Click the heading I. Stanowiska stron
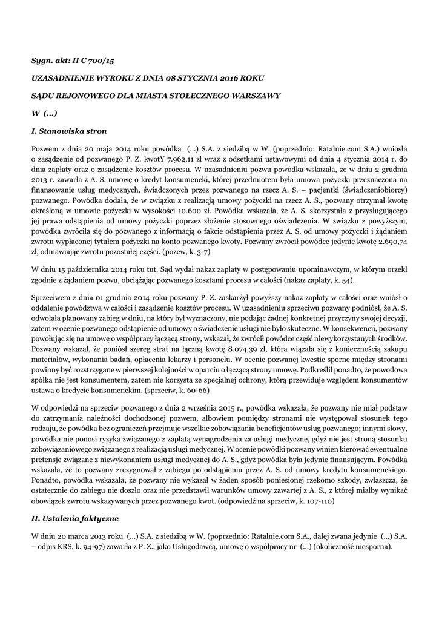pyautogui.click(x=69, y=130)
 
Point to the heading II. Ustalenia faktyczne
pyautogui.click(x=74, y=519)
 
